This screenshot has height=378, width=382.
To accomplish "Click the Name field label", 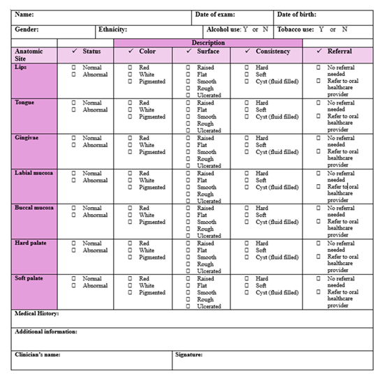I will pos(24,15).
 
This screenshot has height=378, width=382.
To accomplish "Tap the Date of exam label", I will pos(215,15).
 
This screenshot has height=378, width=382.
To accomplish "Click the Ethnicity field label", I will pos(112,29).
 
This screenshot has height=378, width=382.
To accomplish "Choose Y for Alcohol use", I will pos(245,29).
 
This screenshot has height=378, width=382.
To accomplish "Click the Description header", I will pos(208,43).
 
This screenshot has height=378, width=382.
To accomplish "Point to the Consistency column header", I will pos(272,52).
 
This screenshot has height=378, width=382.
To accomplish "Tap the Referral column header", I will pos(339,52).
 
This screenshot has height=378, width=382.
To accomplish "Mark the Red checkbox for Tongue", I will pos(131,103).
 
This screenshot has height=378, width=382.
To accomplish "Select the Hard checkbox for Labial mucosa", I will pos(248,174).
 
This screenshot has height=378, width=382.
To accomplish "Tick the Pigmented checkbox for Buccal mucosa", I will pos(131,222).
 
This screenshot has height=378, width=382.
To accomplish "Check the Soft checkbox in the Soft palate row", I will pos(248,286).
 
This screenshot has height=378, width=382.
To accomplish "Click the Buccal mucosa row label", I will pos(34,208).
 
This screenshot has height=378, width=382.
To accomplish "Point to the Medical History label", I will pos(37,314).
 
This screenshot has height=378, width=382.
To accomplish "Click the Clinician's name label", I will pos(38,354).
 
